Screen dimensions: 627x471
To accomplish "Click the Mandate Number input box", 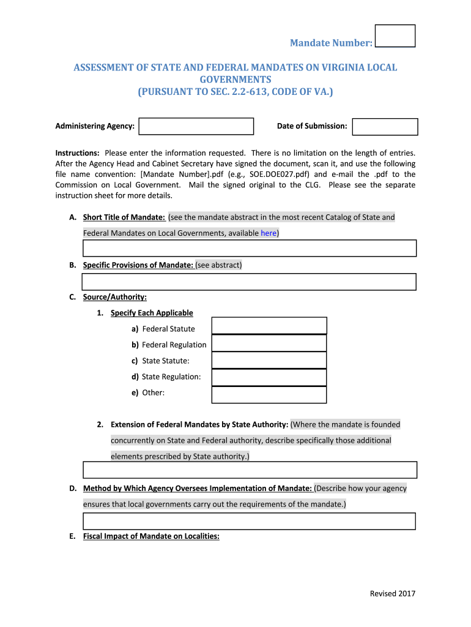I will coord(395,36).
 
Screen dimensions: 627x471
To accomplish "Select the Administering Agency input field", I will coord(196,126).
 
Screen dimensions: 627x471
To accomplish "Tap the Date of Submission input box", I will coord(385,127).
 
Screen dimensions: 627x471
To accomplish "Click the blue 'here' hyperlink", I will coord(268,233).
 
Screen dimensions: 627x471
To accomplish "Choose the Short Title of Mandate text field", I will coord(249,248).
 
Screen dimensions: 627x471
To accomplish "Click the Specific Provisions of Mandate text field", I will coord(249,282).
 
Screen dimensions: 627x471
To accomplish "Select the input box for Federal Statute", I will coord(269,325).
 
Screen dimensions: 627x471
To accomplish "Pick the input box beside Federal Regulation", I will coord(269,343).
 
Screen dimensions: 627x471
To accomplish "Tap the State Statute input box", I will coord(269,360).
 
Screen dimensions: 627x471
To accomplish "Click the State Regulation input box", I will coord(269,377).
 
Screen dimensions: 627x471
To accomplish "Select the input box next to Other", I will coord(269,395).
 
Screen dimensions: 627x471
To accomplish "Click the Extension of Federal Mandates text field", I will coord(249,470).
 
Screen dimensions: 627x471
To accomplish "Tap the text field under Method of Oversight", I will coord(249,521).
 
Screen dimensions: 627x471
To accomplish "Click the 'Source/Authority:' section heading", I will coord(114,297).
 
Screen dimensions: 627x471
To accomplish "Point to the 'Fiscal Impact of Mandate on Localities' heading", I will coord(151,536).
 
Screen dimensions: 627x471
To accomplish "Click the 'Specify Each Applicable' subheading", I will coord(152,313).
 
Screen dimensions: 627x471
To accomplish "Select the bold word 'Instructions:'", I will coord(78,152).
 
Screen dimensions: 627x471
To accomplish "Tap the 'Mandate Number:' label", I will coord(331,43).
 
